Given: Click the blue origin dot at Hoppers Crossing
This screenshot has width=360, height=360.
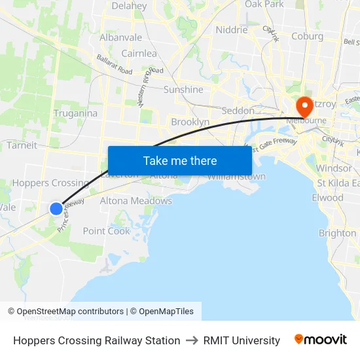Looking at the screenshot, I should (56, 209).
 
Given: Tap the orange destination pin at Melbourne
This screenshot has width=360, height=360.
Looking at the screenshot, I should (304, 106).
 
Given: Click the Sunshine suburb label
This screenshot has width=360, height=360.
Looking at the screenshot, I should (183, 90).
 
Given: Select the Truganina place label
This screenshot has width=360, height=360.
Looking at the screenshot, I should (75, 113).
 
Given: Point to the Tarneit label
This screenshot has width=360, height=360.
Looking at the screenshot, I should (22, 145).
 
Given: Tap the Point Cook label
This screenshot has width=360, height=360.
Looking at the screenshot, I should (107, 231).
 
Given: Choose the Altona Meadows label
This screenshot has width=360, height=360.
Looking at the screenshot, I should (135, 201).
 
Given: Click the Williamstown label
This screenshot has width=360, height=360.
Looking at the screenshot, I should (237, 177).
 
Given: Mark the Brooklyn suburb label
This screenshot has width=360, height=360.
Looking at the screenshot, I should (190, 122).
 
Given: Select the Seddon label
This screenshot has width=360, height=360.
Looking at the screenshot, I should (238, 111).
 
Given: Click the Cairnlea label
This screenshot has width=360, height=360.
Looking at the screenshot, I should (139, 54).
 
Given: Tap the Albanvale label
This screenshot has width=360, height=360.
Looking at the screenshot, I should (120, 37).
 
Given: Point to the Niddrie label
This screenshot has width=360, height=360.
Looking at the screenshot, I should (232, 30).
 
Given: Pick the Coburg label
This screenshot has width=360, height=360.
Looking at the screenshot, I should (308, 37).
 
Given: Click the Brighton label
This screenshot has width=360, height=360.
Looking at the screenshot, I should (337, 233).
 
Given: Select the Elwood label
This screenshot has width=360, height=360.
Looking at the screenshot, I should (327, 198).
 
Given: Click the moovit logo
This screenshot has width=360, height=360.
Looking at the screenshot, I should (321, 339).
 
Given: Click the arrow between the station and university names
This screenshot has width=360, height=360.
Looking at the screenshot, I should (192, 340).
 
